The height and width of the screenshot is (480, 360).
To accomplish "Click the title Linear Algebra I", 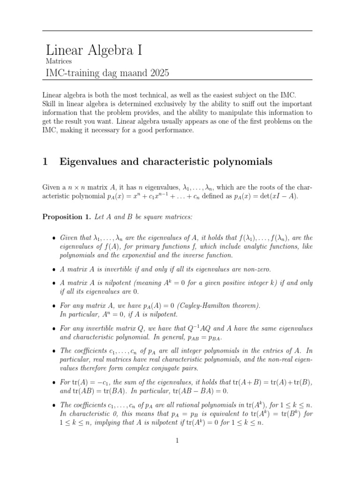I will [94, 49].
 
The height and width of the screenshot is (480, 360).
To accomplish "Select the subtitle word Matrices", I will [59, 61].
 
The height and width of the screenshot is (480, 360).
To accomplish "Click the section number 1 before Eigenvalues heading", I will [45, 162].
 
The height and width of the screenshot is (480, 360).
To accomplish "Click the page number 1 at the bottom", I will [177, 441].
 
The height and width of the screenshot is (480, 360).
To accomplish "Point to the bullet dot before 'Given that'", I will [55, 238].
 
